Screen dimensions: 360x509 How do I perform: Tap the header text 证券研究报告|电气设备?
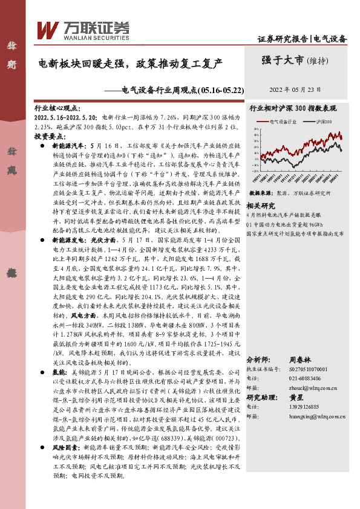tap(302, 39)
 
